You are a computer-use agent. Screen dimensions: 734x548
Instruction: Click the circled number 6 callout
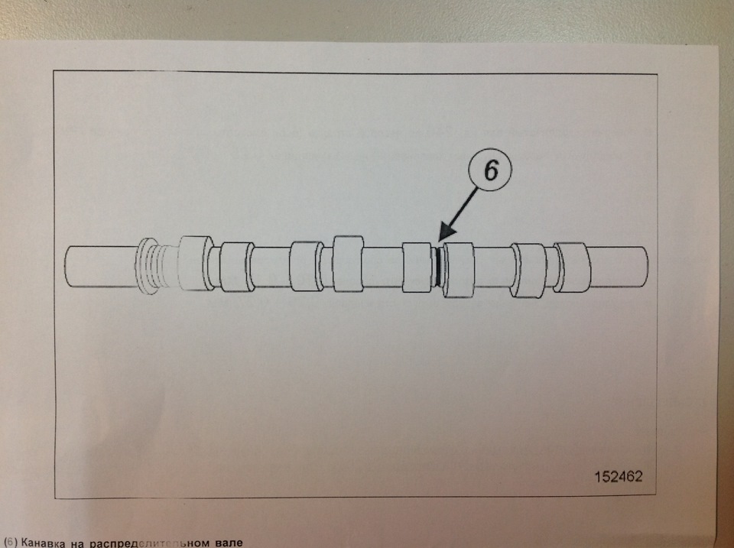tap(491, 170)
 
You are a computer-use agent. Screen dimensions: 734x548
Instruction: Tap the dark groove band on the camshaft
tap(437, 266)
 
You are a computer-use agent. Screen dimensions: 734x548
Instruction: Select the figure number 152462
tap(619, 476)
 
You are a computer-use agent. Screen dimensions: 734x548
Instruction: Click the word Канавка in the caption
tap(43, 543)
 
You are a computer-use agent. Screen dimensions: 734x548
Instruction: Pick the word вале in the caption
tap(230, 543)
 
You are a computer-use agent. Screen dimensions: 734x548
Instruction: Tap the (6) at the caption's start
tap(9, 543)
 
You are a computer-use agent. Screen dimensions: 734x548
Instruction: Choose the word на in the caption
tap(77, 543)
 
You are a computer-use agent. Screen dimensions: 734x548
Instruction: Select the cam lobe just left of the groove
tap(417, 268)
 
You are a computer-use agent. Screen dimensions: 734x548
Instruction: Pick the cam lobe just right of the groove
tap(459, 270)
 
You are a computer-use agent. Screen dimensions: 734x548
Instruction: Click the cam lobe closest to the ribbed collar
tap(196, 264)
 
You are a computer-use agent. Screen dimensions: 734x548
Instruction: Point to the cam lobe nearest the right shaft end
tap(573, 268)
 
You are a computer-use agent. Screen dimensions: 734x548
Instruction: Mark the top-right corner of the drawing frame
tap(658, 74)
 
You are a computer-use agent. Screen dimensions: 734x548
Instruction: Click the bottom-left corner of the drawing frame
tap(55, 499)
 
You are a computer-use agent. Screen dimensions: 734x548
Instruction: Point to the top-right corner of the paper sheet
tap(718, 47)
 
